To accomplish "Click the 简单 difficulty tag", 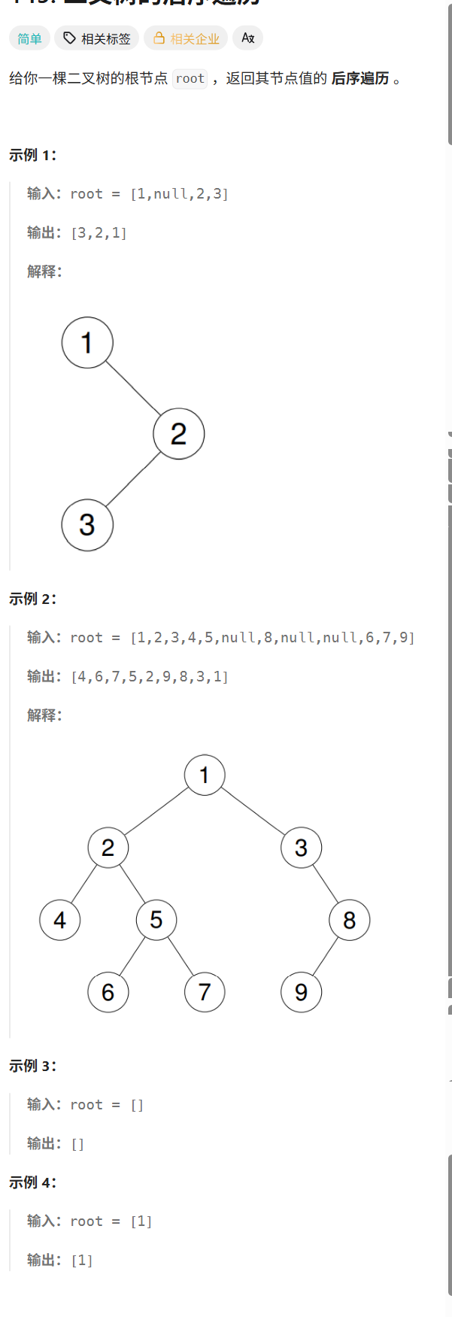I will tap(30, 38).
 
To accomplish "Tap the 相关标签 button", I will tap(97, 38).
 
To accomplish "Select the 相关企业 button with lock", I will tap(187, 38).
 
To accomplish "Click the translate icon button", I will tap(247, 38).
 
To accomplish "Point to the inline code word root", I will tap(190, 78).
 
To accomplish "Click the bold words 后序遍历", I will tap(360, 78).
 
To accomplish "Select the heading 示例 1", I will tap(32, 155).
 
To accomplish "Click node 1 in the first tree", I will tap(87, 343).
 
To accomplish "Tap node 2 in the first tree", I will tap(178, 434).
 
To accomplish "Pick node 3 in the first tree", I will tap(87, 525).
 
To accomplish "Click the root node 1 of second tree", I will tap(205, 775).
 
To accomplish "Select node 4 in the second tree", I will tap(60, 920).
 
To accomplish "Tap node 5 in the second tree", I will tap(156, 920).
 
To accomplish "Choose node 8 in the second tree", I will tap(349, 920).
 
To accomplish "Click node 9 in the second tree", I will tap(301, 992).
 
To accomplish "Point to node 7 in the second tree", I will tap(205, 992).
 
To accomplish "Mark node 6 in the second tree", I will tap(108, 992).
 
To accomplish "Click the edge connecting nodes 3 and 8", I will tap(325, 884).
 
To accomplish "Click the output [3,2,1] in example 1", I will tap(99, 233).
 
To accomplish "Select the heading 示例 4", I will tap(32, 1182).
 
